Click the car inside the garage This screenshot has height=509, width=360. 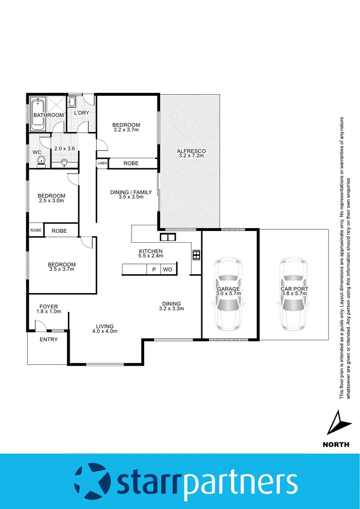coord(229,295)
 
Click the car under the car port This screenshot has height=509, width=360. coord(294,295)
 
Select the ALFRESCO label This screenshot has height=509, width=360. coord(191,151)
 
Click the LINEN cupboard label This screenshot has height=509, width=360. coord(102,163)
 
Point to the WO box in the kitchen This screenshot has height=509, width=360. coord(168,270)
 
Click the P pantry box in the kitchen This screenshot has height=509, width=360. coord(154,270)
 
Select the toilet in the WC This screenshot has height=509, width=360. coord(41,162)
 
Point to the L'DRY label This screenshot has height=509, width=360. coord(82,113)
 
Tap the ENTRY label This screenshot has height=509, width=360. coord(49,339)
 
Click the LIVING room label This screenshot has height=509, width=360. coord(105,326)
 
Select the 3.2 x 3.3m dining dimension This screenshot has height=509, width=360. coord(171,309)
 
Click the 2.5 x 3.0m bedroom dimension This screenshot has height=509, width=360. coord(51,201)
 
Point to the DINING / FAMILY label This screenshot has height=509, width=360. coord(131,192)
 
